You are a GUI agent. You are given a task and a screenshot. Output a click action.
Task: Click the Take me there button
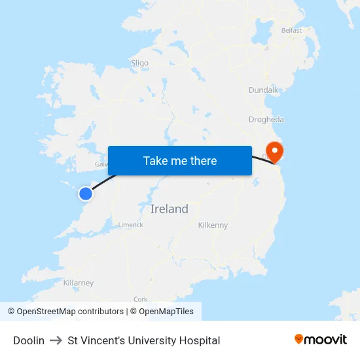180,160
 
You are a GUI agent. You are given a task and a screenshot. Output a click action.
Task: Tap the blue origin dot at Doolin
86,193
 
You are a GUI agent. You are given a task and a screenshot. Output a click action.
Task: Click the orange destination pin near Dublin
276,153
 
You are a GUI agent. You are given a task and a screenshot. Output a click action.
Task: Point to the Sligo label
139,63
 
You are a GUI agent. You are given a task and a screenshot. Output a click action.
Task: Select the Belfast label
291,30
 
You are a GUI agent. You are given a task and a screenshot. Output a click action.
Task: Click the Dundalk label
264,90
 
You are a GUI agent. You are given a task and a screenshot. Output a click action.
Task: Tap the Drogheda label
266,119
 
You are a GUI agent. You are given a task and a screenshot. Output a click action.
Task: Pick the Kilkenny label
213,225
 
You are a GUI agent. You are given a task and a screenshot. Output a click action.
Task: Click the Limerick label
130,225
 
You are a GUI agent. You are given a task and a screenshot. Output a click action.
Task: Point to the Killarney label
79,283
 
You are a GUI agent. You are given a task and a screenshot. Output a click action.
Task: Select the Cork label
140,298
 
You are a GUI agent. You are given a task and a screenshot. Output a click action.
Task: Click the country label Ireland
169,209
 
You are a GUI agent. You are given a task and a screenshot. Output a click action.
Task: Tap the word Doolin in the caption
29,340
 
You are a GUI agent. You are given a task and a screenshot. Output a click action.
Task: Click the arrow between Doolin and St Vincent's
56,340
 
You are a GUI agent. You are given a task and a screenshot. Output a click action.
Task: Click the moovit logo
321,339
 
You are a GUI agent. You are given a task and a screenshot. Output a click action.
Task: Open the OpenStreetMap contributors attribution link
65,312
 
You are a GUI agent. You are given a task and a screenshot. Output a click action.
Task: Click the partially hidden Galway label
101,164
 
